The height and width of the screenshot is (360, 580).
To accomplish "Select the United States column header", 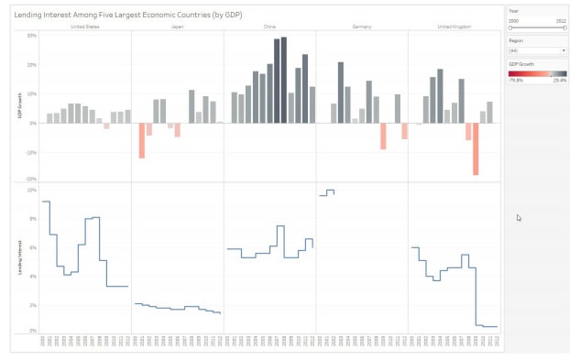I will [85, 27].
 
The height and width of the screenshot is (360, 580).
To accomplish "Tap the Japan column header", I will [178, 27].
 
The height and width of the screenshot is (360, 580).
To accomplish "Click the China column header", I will [269, 27].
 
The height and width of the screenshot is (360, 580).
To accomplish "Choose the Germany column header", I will [362, 27].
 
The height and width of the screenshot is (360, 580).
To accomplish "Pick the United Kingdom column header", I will [454, 27].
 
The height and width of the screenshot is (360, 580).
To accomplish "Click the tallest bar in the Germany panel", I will [340, 93].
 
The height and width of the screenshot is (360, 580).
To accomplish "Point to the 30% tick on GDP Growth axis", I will [31, 36].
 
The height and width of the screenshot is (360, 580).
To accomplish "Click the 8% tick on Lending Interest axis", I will [31, 219].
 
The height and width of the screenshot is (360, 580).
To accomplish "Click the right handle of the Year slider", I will [564, 27].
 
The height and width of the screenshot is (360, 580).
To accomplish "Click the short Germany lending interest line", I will [327, 192].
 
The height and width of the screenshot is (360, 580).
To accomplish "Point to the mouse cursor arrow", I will [519, 217].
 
